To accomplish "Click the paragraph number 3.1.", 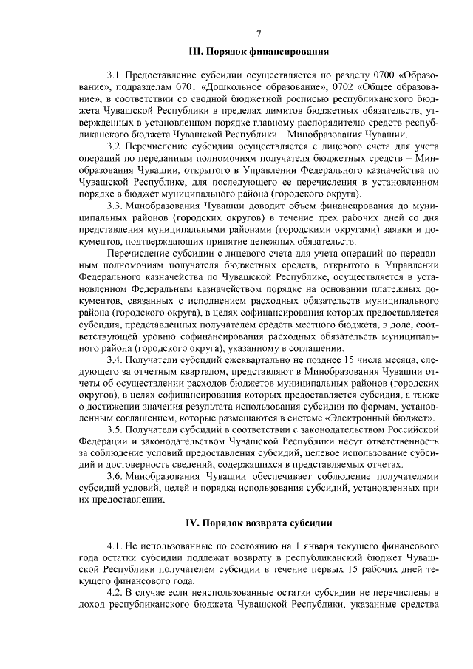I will pos(114,75).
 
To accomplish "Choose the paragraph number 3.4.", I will pos(114,359).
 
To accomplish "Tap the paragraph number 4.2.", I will pos(114,594).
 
